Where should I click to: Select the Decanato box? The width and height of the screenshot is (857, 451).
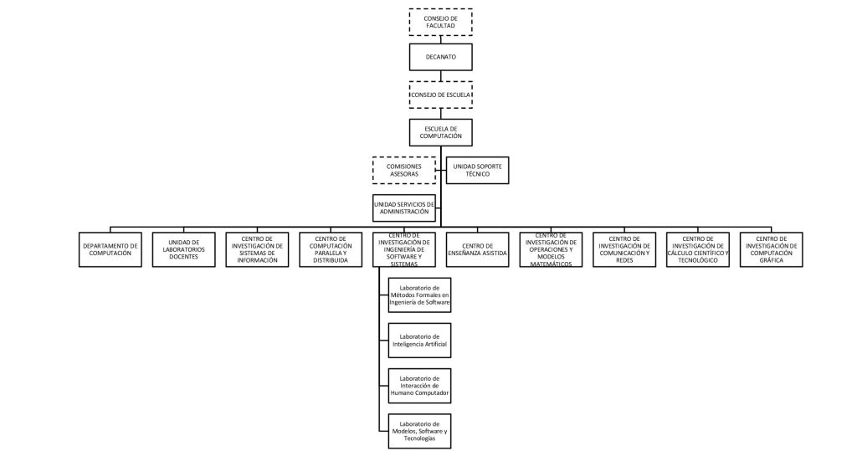[x=440, y=57]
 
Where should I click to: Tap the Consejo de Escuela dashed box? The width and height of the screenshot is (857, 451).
[x=440, y=95]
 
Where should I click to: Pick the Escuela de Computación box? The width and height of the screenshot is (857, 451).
[x=440, y=131]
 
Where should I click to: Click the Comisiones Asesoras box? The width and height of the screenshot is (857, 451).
[x=404, y=170]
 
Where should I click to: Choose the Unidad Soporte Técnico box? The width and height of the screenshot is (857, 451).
[x=477, y=170]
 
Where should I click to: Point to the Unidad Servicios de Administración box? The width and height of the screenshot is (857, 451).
[x=404, y=208]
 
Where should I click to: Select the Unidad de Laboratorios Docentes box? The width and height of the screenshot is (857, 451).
[x=182, y=249]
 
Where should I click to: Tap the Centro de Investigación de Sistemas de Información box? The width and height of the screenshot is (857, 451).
[x=258, y=249]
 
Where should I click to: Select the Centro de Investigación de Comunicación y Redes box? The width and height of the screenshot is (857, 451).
[x=624, y=249]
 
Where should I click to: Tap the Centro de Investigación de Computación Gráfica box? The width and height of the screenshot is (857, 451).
[x=770, y=249]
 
